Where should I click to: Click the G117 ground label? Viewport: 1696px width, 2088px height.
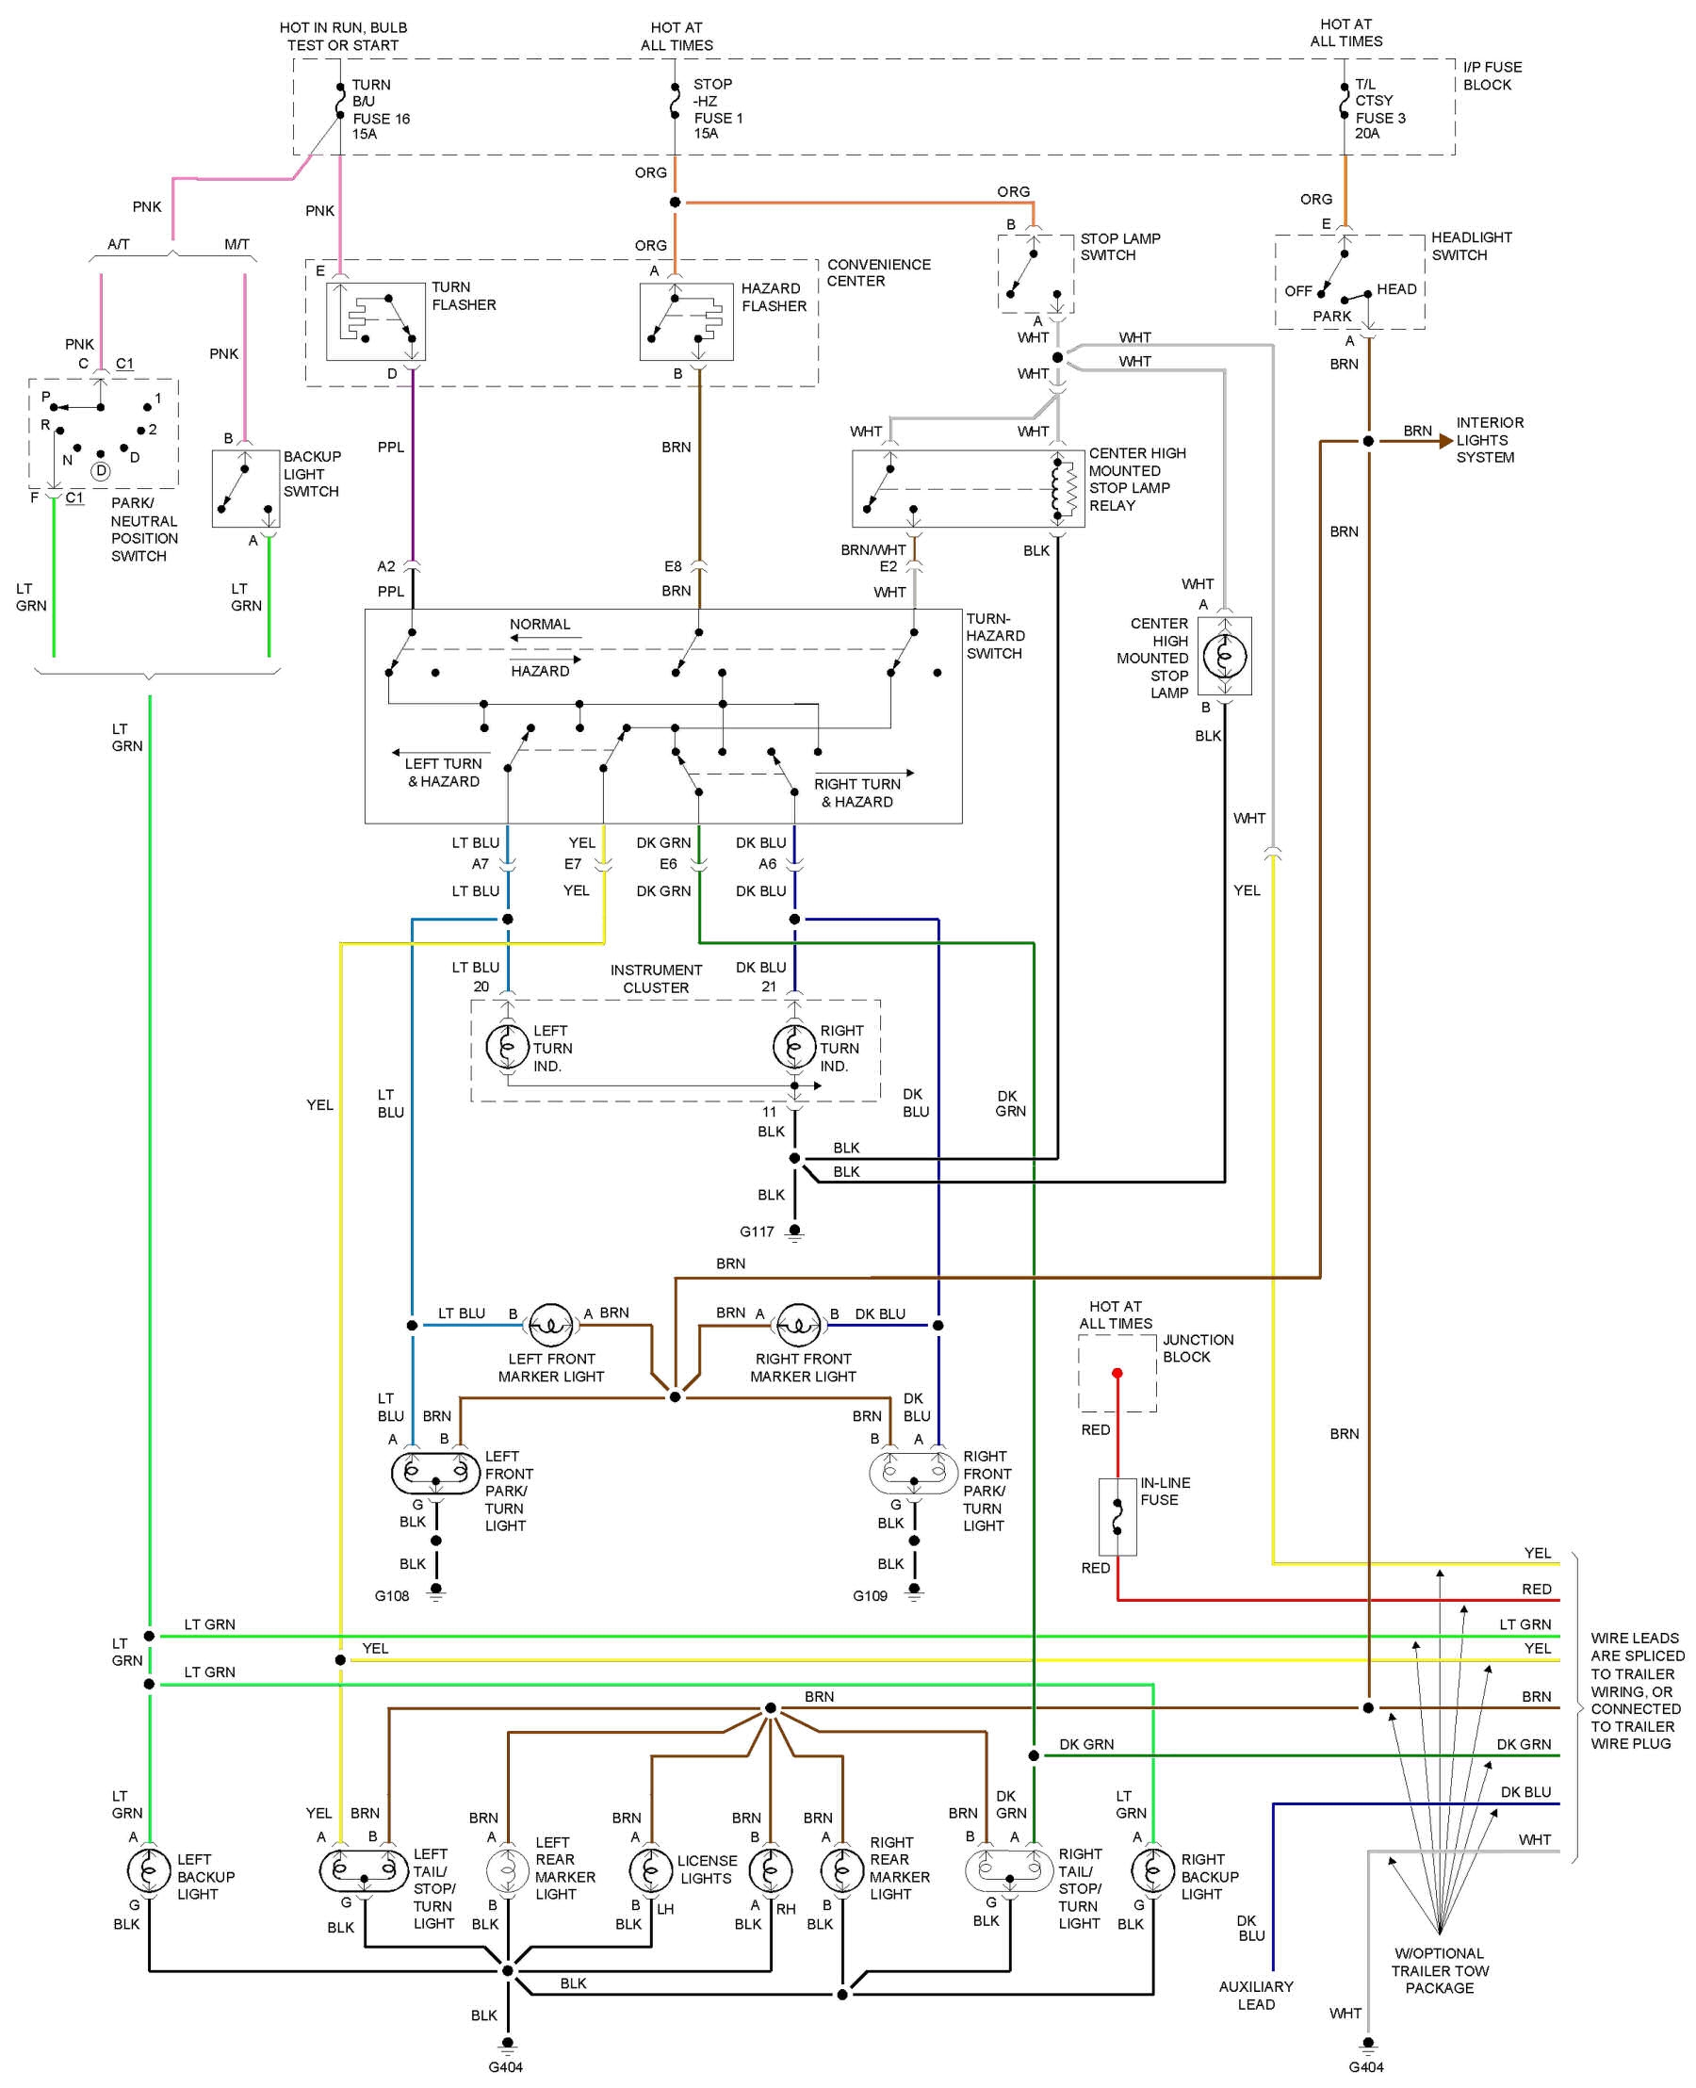coord(757,1232)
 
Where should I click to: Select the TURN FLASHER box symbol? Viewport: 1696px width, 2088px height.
coord(375,321)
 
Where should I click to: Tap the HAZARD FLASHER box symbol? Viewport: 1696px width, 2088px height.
coord(686,321)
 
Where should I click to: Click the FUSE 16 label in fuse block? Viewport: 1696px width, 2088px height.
coord(381,118)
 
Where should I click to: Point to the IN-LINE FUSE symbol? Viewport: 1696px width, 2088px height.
coord(1117,1516)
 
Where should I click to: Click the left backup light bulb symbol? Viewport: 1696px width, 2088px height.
coord(149,1870)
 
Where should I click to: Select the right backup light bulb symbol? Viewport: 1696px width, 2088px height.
coord(1153,1870)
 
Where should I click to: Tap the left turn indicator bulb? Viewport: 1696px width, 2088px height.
coord(507,1048)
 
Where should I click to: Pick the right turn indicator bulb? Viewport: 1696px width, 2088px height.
coord(793,1048)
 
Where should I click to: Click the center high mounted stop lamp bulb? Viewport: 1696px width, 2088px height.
coord(1224,656)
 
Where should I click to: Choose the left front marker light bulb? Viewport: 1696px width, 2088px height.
coord(550,1325)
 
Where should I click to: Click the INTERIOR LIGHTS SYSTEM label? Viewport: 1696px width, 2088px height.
coord(1489,440)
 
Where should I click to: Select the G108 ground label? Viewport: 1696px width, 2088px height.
coord(392,1595)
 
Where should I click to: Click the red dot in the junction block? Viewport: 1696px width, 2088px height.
coord(1117,1373)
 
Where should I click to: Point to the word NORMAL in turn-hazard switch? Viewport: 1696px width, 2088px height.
coord(539,625)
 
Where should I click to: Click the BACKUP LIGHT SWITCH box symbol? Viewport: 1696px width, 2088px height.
coord(245,488)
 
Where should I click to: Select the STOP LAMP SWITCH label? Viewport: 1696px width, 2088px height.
coord(1119,246)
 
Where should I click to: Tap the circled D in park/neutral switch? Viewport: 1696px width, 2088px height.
coord(101,471)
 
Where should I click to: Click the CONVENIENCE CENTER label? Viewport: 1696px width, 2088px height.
coord(878,272)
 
